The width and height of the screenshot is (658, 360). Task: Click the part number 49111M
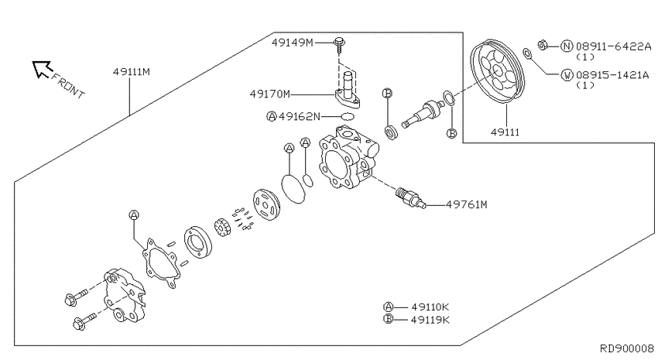[x=132, y=72]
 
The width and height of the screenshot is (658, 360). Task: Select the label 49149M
[x=292, y=43]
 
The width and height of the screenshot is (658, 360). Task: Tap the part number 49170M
[x=270, y=94]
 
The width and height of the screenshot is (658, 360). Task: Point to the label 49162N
[x=300, y=116]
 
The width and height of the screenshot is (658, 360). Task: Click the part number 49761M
[x=467, y=204]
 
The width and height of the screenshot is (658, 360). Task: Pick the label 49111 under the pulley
[x=505, y=132]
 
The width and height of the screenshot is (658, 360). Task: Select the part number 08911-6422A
[x=613, y=46]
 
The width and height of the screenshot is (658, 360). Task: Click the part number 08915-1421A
[x=612, y=75]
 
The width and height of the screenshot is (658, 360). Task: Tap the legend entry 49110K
[x=430, y=307]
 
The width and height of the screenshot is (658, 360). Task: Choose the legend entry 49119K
[x=430, y=320]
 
